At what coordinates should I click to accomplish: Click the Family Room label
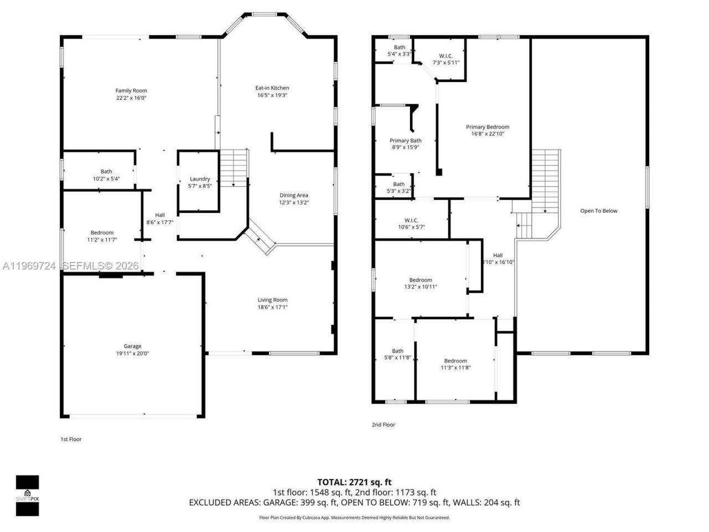(x=131, y=91)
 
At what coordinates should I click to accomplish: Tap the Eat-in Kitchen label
(x=272, y=88)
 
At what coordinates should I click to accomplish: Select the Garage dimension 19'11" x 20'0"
(x=132, y=354)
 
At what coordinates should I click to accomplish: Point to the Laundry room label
(x=200, y=179)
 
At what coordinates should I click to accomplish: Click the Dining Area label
(x=294, y=195)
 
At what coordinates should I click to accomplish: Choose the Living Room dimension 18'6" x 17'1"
(x=273, y=308)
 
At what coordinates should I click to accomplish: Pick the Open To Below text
(x=598, y=211)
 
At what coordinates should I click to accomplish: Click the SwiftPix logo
(x=27, y=495)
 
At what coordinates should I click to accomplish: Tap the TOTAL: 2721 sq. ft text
(x=354, y=482)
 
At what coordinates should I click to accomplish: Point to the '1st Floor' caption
(x=71, y=439)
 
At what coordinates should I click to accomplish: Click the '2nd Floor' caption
(x=383, y=424)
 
